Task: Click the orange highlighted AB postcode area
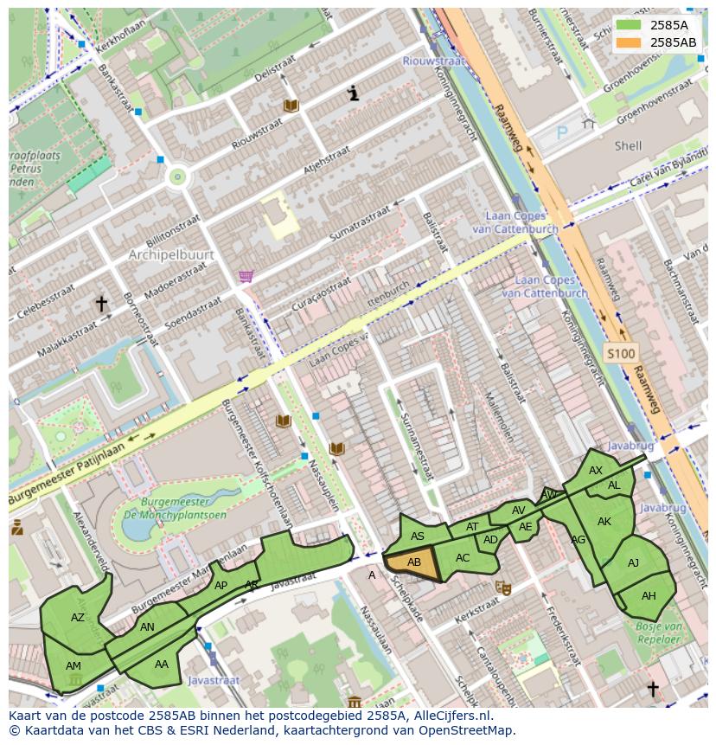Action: click(x=413, y=563)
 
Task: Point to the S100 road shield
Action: click(x=619, y=353)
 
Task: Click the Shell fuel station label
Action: click(x=628, y=146)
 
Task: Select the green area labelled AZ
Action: click(x=77, y=617)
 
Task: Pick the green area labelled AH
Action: click(x=648, y=596)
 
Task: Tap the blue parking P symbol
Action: click(x=562, y=133)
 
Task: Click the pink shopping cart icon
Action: click(x=246, y=276)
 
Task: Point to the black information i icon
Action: click(x=353, y=93)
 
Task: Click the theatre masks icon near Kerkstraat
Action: click(x=502, y=588)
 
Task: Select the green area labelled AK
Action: click(x=604, y=522)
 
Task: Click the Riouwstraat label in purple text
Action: click(x=433, y=61)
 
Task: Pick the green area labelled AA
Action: click(x=161, y=665)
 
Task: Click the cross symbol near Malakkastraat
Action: click(x=101, y=304)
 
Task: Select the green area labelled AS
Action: click(x=418, y=536)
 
